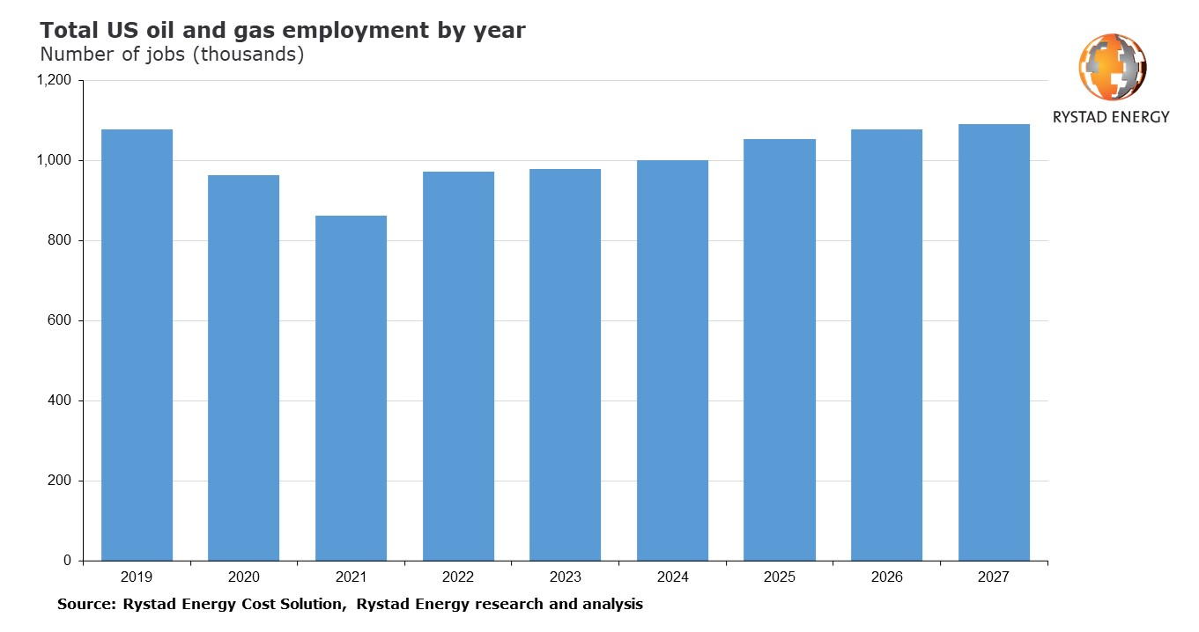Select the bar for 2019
[137, 345]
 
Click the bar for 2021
[351, 388]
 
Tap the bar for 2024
[672, 360]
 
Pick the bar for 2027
[994, 342]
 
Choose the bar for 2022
[458, 366]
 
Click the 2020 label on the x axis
[243, 577]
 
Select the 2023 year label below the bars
[565, 577]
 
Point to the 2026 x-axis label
[886, 577]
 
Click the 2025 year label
[780, 577]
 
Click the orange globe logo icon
[1112, 67]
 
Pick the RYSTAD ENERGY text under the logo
[1112, 117]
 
